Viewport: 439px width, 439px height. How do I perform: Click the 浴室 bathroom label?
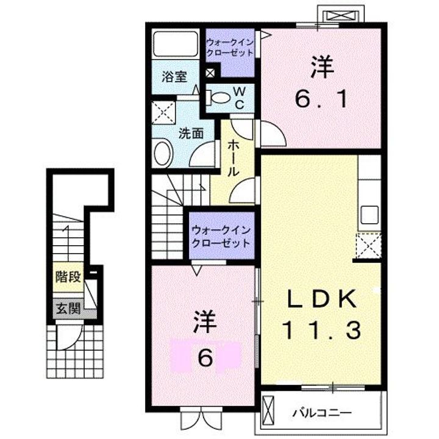(174, 77)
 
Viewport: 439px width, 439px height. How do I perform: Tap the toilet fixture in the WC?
(218, 98)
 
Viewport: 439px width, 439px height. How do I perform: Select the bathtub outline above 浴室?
(175, 44)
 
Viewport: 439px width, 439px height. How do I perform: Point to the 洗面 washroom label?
(191, 134)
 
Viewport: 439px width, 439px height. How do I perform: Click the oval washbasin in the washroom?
(163, 154)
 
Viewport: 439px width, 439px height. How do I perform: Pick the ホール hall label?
(233, 158)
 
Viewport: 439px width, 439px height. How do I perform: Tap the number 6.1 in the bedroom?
(322, 99)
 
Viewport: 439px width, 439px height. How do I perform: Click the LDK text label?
(322, 299)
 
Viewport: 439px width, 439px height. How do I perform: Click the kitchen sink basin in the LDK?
(369, 215)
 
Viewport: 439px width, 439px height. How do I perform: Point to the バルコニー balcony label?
(322, 413)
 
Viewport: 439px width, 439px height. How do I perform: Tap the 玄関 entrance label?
(68, 309)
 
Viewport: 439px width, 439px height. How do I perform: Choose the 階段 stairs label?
(68, 277)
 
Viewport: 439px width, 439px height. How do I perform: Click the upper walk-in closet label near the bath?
(230, 48)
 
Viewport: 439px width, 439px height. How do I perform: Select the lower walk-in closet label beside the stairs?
(221, 237)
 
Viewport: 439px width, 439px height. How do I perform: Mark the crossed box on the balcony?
(268, 412)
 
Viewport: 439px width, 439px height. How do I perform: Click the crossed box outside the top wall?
(341, 16)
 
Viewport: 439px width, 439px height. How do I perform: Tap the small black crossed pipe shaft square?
(210, 73)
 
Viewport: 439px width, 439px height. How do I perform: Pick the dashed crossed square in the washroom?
(163, 113)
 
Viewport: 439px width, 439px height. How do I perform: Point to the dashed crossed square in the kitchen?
(368, 246)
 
